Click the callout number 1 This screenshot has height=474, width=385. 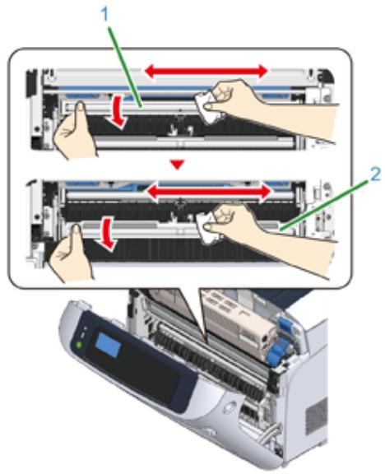pos(104,14)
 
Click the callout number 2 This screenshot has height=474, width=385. pos(375,174)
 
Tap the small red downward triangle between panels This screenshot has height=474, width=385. pos(177,165)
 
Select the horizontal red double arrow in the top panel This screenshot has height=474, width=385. pos(206,72)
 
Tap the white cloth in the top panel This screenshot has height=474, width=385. pos(206,109)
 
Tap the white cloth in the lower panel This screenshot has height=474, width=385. pos(207,229)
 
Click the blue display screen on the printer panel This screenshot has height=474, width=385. pos(109,346)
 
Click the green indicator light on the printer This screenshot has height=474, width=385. pos(79,345)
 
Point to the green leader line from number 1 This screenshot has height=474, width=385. pos(125,67)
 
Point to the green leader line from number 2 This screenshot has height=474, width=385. pos(324,207)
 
